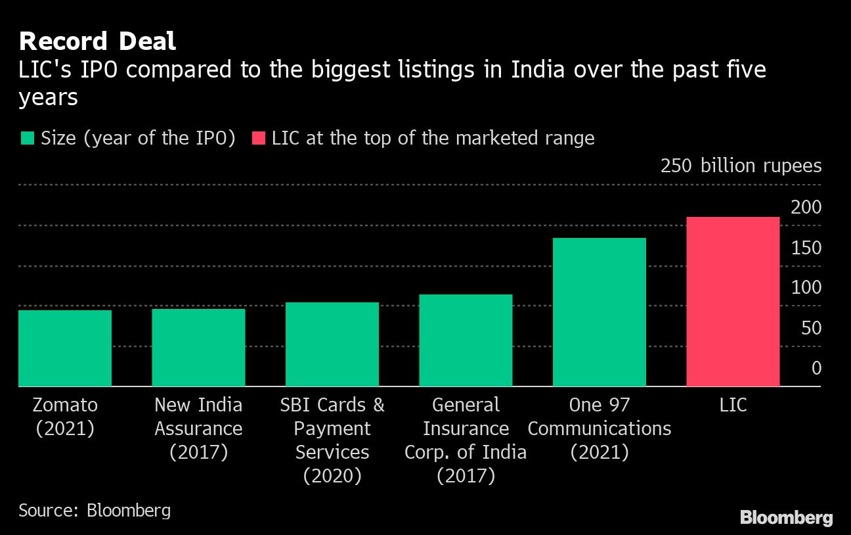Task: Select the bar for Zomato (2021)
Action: pos(65,348)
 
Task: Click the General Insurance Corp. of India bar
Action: pos(466,340)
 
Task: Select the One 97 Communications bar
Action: pos(600,312)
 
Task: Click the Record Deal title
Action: pos(97,41)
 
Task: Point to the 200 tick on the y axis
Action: pos(806,207)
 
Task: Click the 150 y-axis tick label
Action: pos(806,248)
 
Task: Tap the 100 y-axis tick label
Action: pos(806,287)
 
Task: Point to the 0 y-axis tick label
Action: pos(816,367)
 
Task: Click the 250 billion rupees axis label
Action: pos(741,166)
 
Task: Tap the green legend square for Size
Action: pos(27,139)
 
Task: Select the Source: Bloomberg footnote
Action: pos(95,510)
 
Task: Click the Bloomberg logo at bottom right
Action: pos(786,517)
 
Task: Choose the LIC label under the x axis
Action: pos(733,405)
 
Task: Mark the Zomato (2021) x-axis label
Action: pos(65,417)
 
